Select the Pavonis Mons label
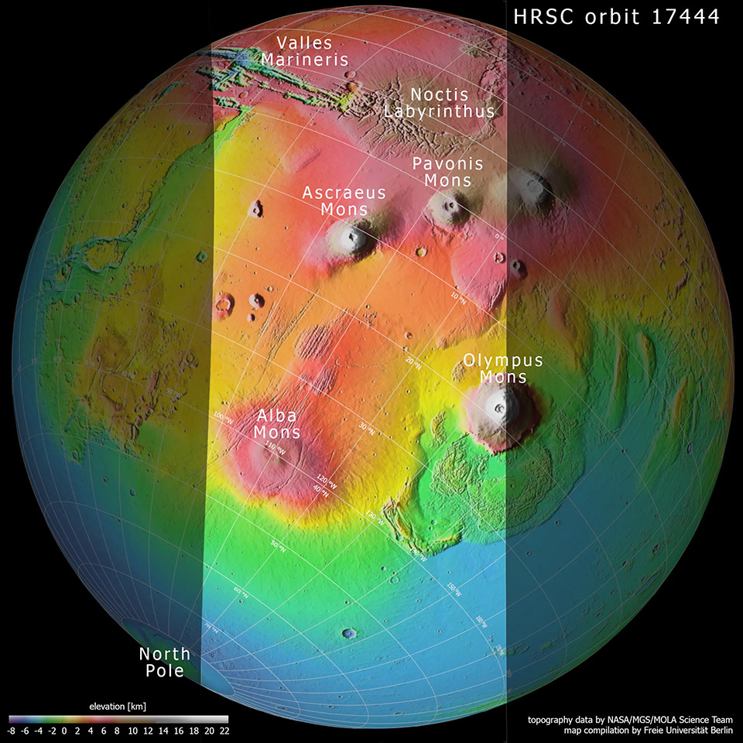coord(447,172)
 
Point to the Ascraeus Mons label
coord(344,200)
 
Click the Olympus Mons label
coord(503,369)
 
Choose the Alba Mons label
coord(276,423)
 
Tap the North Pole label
coord(164,663)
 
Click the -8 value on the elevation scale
coord(12,730)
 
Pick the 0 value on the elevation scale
coord(64,730)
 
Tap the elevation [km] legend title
coord(118,706)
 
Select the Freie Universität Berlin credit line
coord(635,730)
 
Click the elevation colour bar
coord(118,718)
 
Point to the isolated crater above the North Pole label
coord(350,634)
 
